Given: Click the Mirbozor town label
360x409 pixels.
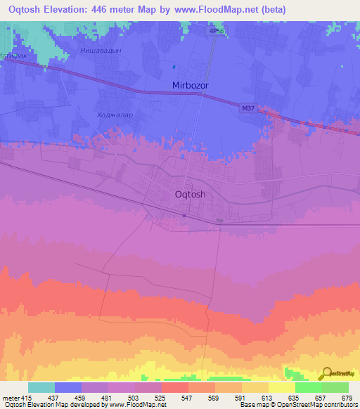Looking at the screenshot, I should pos(191,85).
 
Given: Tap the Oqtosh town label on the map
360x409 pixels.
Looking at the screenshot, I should pos(190,195).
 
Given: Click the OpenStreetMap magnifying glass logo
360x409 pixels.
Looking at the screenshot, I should pos(326,373).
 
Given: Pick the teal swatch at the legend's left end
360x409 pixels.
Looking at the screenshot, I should pos(41,388).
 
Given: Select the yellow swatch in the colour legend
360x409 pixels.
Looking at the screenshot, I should pos(281,388).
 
